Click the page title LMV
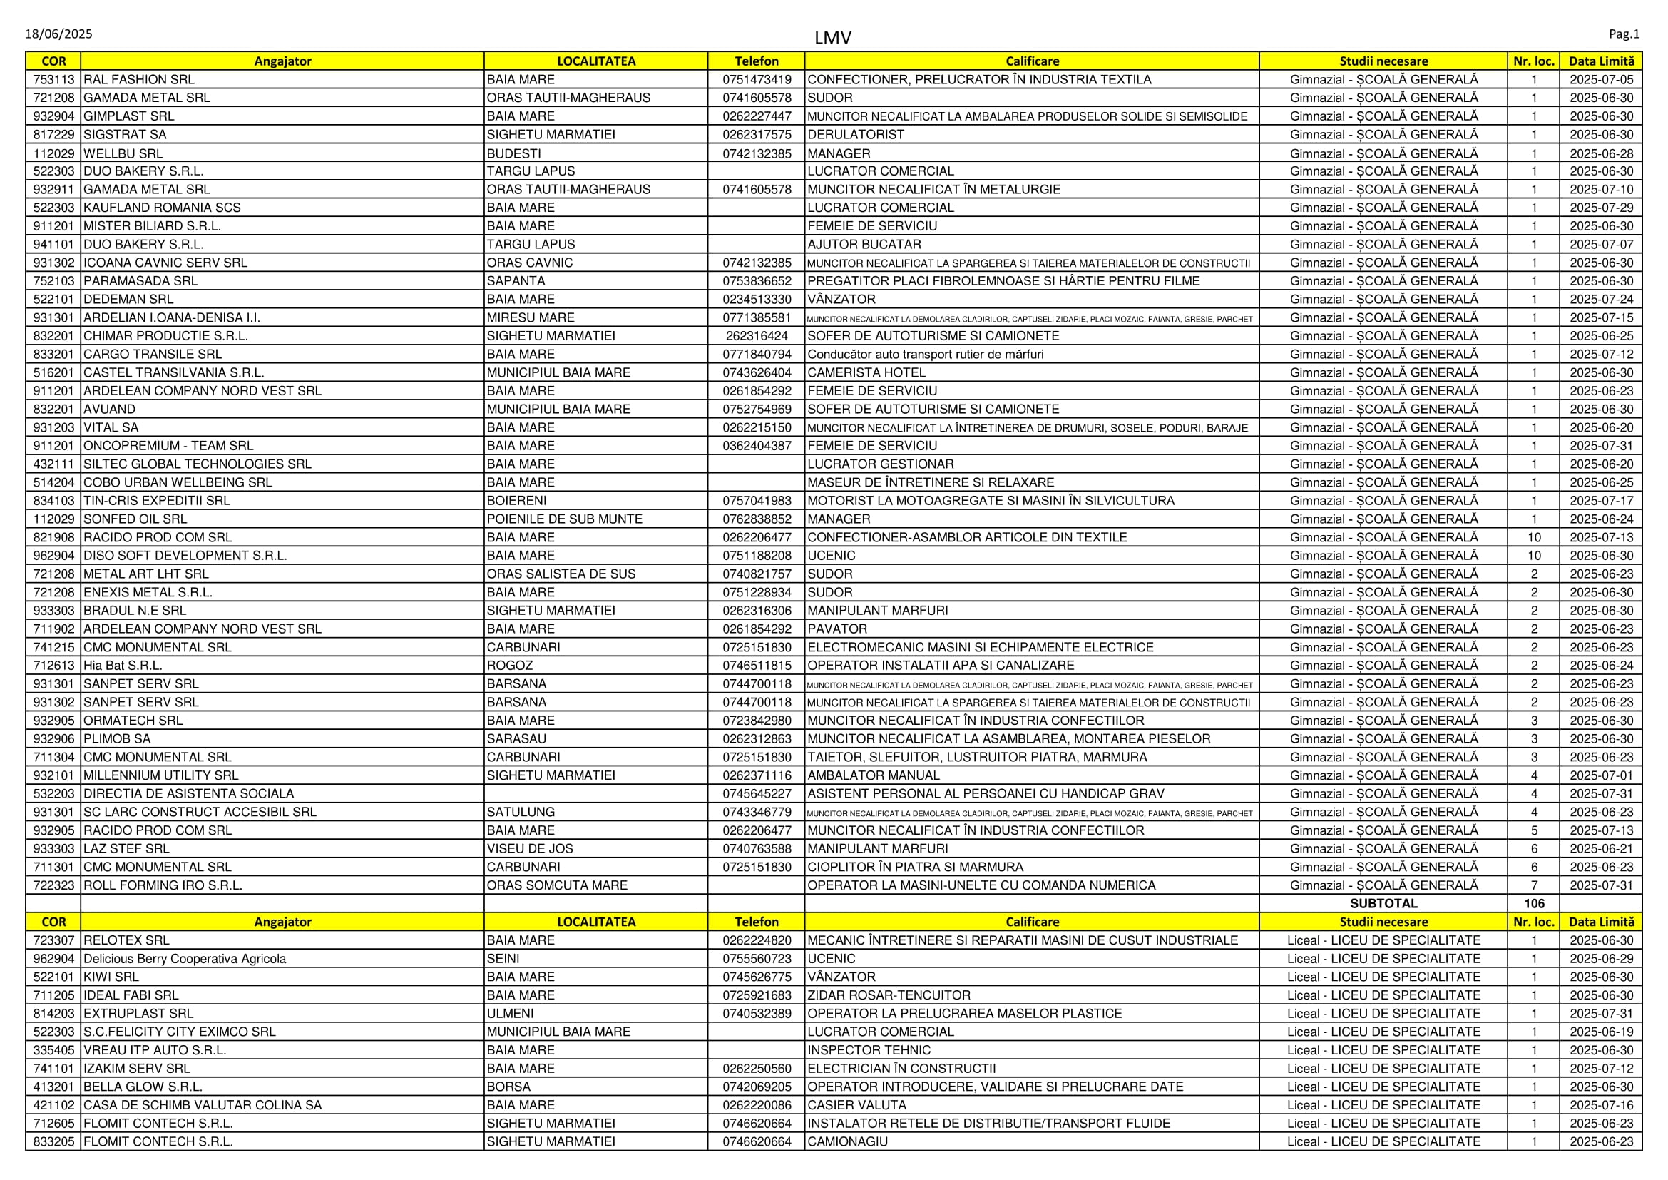tap(832, 38)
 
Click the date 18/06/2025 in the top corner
tap(59, 34)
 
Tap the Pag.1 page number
tap(1624, 34)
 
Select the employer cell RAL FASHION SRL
tap(139, 80)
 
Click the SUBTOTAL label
tap(1383, 904)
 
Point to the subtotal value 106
tap(1534, 904)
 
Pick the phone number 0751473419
tap(756, 80)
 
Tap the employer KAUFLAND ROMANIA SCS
tap(162, 208)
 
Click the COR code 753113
tap(53, 80)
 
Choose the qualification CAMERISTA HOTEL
tap(866, 372)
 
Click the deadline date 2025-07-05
tap(1601, 80)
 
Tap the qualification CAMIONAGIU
tap(848, 1142)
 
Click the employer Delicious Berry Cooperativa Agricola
tap(185, 959)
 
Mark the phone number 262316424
tap(756, 337)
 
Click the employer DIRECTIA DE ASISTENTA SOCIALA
tap(189, 794)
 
